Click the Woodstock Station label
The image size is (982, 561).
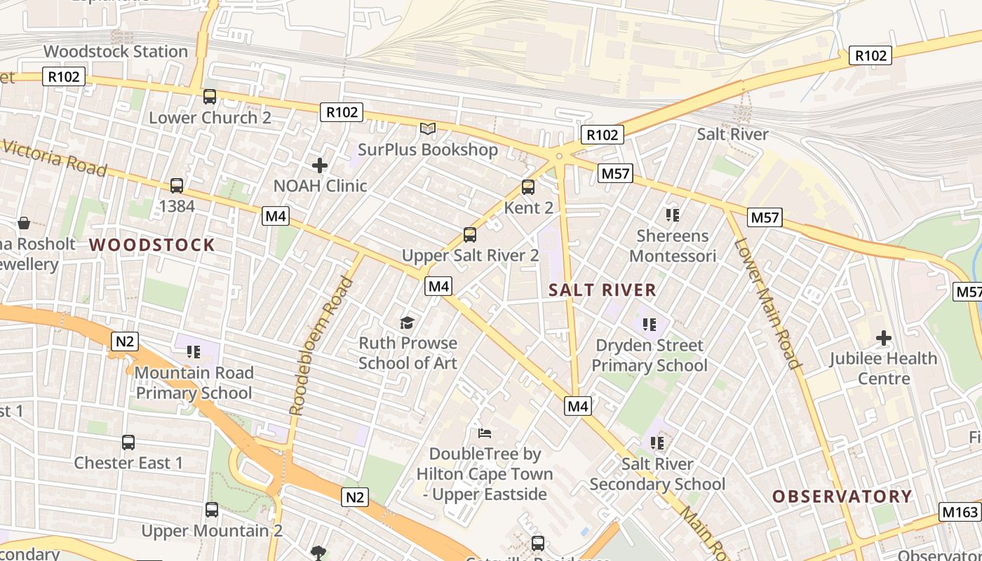click(x=116, y=51)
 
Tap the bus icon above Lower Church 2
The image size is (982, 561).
click(x=210, y=97)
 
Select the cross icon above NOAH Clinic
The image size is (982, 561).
click(x=320, y=165)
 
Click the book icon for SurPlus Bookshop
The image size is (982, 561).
click(x=428, y=128)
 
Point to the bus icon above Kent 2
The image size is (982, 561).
click(x=528, y=187)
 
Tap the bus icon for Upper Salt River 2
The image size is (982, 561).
click(x=470, y=235)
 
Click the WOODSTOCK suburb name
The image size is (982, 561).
click(x=152, y=245)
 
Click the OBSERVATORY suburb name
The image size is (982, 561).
click(x=842, y=496)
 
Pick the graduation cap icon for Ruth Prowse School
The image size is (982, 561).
click(x=408, y=323)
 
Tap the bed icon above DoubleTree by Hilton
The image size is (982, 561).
click(x=485, y=433)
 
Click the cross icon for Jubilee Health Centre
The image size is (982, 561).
click(x=884, y=339)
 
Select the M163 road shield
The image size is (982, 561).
click(x=960, y=512)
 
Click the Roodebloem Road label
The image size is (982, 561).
click(x=321, y=346)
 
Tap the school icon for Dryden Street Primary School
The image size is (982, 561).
click(x=650, y=325)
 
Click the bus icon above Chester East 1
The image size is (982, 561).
click(x=128, y=442)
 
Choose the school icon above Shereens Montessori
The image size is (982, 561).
click(x=673, y=215)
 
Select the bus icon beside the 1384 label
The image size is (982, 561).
click(x=177, y=186)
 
